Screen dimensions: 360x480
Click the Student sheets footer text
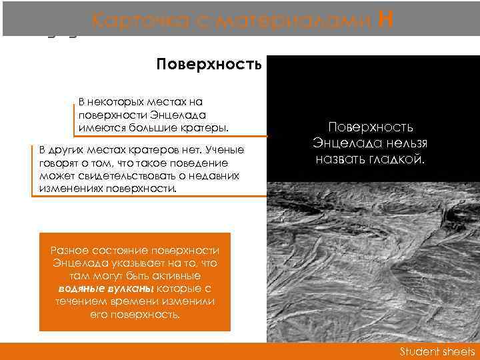(437, 351)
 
